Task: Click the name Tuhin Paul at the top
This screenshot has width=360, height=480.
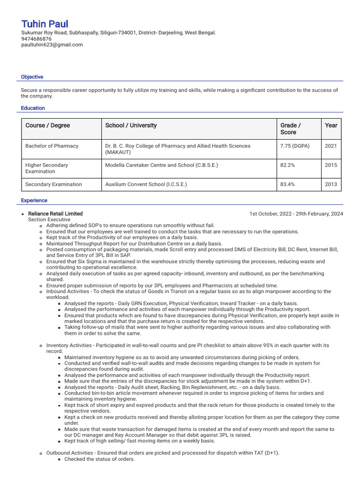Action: (x=45, y=24)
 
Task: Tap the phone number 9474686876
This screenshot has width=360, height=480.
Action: (x=36, y=39)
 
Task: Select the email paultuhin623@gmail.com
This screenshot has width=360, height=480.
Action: (x=52, y=45)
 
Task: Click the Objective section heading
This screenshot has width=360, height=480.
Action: (x=32, y=77)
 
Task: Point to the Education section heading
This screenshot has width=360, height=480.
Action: (x=33, y=108)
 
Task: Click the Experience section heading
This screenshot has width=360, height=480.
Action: (x=34, y=201)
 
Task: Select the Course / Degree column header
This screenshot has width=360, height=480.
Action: (x=47, y=126)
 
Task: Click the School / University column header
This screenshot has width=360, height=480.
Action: (x=131, y=126)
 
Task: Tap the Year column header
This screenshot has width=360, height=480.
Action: (x=331, y=126)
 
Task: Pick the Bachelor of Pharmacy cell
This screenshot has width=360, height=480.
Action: (x=52, y=146)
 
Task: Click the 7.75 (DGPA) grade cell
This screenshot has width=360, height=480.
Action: (x=294, y=146)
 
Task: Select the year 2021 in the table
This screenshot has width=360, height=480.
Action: (x=330, y=146)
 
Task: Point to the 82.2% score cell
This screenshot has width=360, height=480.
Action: (x=287, y=165)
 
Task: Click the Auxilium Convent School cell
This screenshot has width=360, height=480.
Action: (x=146, y=185)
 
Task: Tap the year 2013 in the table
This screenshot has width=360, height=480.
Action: (x=330, y=185)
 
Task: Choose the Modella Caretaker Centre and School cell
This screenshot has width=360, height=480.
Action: (x=161, y=165)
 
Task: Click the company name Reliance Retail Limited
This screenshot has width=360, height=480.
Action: (x=55, y=214)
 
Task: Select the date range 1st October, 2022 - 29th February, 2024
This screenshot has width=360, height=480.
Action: (x=296, y=214)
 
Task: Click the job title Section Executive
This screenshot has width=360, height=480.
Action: (x=49, y=220)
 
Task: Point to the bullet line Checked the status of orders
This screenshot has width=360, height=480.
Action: (x=99, y=459)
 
